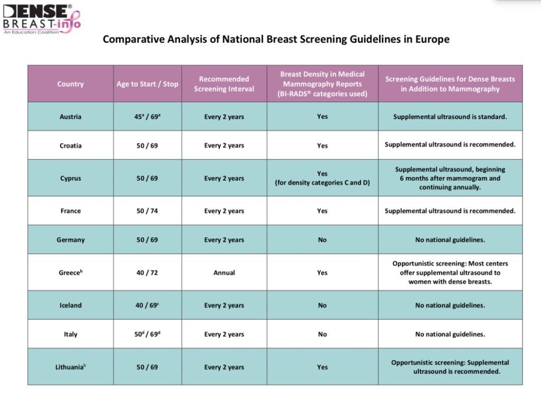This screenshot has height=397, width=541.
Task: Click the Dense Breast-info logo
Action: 41,19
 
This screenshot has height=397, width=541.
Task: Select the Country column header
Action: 70,84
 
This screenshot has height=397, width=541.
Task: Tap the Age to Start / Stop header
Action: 147,84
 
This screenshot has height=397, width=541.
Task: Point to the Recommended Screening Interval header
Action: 224,84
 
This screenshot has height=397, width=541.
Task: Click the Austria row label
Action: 70,117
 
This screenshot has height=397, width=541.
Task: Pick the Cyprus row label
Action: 70,178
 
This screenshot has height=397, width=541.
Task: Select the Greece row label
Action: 70,273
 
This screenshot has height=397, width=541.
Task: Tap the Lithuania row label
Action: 70,367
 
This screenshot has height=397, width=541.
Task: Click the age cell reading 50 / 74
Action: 147,211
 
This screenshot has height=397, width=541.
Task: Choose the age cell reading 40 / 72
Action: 147,273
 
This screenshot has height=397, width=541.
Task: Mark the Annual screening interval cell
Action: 224,273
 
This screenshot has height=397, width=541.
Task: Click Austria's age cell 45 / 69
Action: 147,117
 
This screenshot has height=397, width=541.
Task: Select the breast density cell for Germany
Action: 322,240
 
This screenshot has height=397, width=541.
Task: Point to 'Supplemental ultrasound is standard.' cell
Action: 450,117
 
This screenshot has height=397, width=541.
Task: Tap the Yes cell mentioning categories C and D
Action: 322,178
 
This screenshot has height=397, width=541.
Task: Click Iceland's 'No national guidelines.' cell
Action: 450,306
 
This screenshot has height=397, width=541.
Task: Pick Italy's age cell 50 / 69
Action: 147,334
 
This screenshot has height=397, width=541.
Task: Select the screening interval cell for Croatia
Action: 224,145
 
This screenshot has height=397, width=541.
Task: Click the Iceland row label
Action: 70,306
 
